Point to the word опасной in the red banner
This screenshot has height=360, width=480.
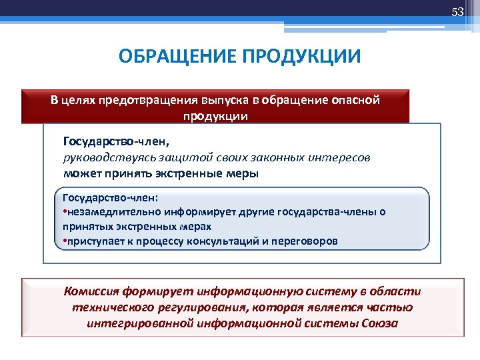click(353, 101)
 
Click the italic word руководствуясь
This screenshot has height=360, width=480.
click(101, 157)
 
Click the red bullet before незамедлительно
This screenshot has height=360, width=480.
click(64, 212)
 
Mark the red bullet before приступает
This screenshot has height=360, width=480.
click(64, 240)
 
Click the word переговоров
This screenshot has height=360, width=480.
click(304, 240)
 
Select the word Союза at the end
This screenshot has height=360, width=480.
click(380, 323)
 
